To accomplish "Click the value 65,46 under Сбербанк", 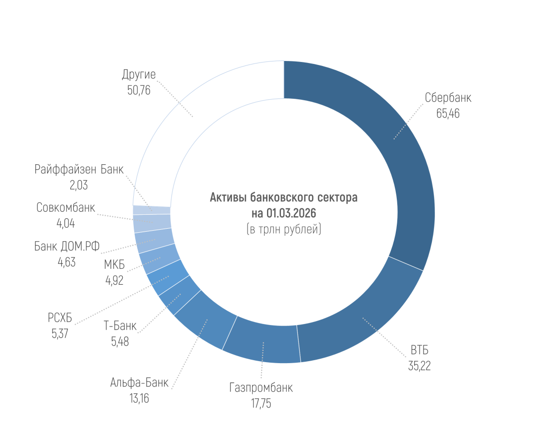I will [x=448, y=113].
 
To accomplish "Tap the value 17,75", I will [x=261, y=403].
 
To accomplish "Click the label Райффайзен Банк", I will [x=79, y=170].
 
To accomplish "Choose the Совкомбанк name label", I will [x=65, y=208].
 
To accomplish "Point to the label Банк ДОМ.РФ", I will [x=67, y=246].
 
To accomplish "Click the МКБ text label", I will [x=114, y=264].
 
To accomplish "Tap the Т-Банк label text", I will [x=120, y=326].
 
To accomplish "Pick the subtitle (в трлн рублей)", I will [x=283, y=230].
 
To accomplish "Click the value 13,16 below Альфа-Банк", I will [x=139, y=398].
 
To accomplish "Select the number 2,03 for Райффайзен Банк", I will [x=79, y=185].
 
